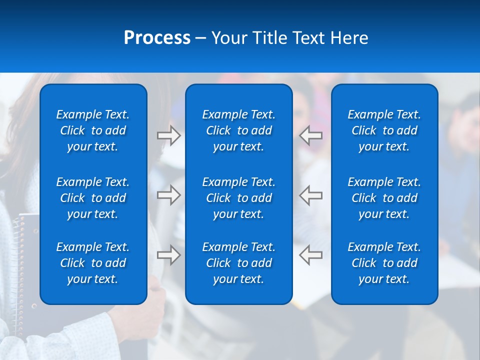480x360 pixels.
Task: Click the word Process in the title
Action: coord(157,38)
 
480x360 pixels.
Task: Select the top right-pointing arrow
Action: coord(168,135)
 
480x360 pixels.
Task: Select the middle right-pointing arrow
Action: coord(168,195)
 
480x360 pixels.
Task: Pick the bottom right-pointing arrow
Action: coord(168,255)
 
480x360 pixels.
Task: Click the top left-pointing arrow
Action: coord(311,135)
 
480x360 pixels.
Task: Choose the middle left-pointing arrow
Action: coord(311,195)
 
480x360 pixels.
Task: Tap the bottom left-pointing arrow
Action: coord(311,255)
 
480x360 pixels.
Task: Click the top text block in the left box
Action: coord(93,130)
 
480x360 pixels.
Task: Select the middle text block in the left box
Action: coord(93,198)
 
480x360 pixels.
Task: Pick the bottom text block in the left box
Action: coord(93,263)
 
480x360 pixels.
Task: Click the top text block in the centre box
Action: coord(238,130)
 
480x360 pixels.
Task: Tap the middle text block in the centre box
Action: coord(238,198)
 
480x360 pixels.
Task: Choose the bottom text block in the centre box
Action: coord(238,263)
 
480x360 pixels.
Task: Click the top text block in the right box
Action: coord(384,130)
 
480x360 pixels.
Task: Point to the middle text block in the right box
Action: coord(384,198)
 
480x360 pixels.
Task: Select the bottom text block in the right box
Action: coord(384,263)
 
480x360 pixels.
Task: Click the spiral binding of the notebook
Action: coord(20,280)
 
